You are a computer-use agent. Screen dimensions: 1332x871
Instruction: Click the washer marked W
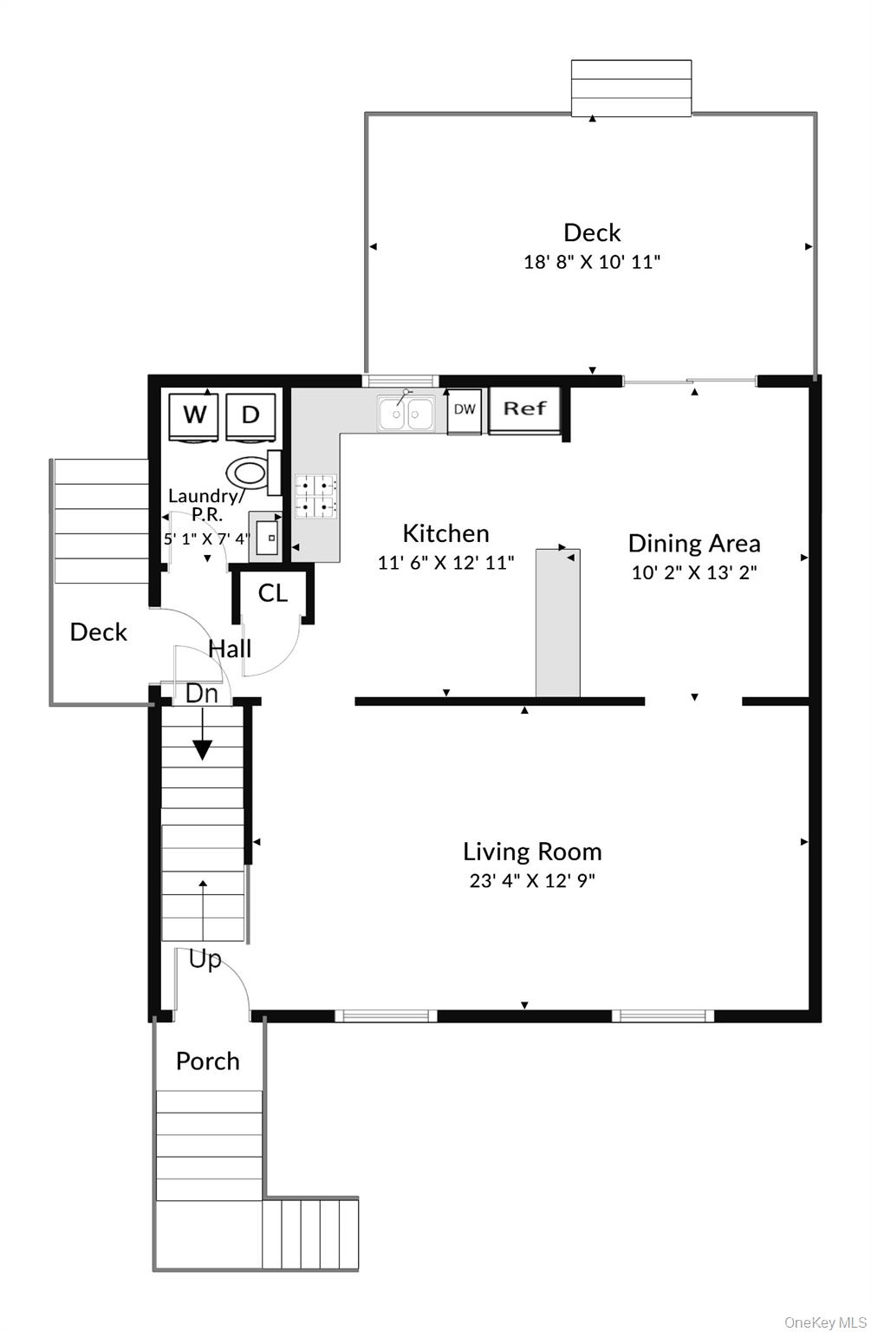coord(195,415)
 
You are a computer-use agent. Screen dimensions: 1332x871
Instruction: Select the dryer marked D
coord(250,415)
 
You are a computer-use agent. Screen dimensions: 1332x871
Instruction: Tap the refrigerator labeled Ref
coord(524,409)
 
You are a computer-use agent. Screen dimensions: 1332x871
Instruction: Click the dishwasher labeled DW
coord(465,410)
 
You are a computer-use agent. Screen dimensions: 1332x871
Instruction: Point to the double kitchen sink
coord(406,414)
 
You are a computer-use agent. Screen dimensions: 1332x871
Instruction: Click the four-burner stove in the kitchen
coord(316,498)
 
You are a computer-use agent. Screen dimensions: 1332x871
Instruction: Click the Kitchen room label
coord(445,533)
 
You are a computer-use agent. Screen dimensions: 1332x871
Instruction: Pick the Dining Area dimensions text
coord(693,572)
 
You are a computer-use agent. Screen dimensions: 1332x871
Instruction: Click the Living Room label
coord(532,852)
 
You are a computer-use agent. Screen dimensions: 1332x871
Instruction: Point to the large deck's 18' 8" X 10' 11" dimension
coord(592,262)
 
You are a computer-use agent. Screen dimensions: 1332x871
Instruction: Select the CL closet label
coord(273,593)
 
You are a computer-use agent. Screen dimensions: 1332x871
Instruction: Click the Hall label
coord(231,649)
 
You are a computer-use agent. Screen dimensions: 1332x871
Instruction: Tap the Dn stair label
coord(202,693)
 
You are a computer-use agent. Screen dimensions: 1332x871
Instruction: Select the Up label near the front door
coord(205,960)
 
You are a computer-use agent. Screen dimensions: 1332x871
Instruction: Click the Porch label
coord(208,1061)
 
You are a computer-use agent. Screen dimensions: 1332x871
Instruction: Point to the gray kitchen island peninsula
coord(557,622)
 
